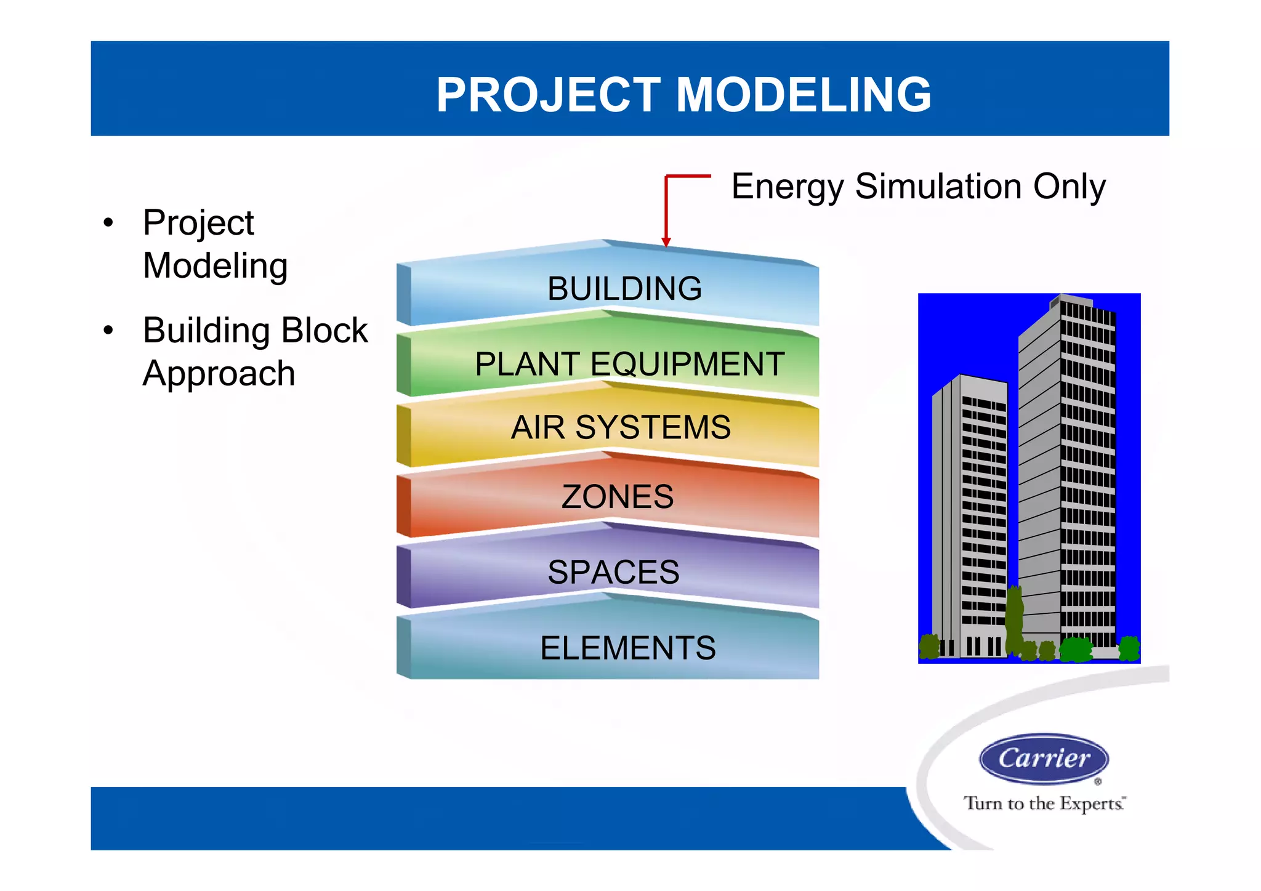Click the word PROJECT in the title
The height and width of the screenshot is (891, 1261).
coord(548,95)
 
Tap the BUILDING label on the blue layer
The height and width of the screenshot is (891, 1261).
coord(624,289)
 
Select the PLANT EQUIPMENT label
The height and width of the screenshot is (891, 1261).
coord(629,364)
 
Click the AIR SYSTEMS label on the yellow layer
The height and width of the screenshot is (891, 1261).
coord(621,427)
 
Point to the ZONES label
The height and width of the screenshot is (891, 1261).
coord(618,497)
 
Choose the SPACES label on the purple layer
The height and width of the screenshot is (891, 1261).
coord(613,572)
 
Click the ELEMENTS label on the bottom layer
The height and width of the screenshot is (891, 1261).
coord(627,648)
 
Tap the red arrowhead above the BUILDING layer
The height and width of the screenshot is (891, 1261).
coord(666,242)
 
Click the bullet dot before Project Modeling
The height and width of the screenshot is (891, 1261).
coord(109,223)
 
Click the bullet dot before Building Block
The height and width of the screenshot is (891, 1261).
coord(109,331)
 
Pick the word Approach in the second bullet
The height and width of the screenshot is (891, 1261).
coord(219,374)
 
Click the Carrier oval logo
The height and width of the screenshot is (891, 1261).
coord(1044,759)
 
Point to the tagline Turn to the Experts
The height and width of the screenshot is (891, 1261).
coord(1044,804)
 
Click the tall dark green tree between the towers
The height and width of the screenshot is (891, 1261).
coord(1013,619)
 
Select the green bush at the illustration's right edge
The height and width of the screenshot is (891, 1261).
coord(1129,648)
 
